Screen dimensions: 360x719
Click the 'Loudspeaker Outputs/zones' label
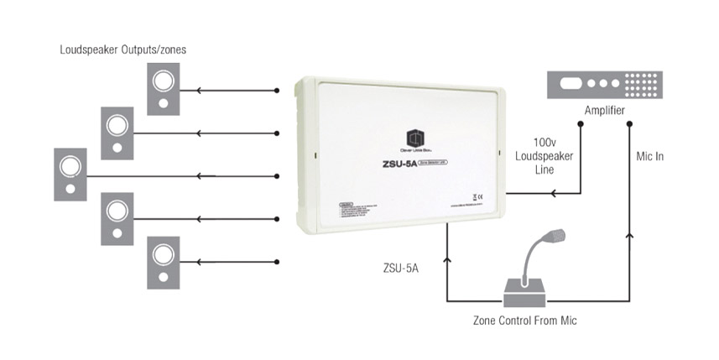[122, 50]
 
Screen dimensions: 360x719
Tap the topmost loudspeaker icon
[163, 90]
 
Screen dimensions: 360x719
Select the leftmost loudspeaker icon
[70, 174]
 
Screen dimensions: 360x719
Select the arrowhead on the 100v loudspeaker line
[553, 194]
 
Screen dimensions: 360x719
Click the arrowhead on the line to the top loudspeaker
[198, 90]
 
